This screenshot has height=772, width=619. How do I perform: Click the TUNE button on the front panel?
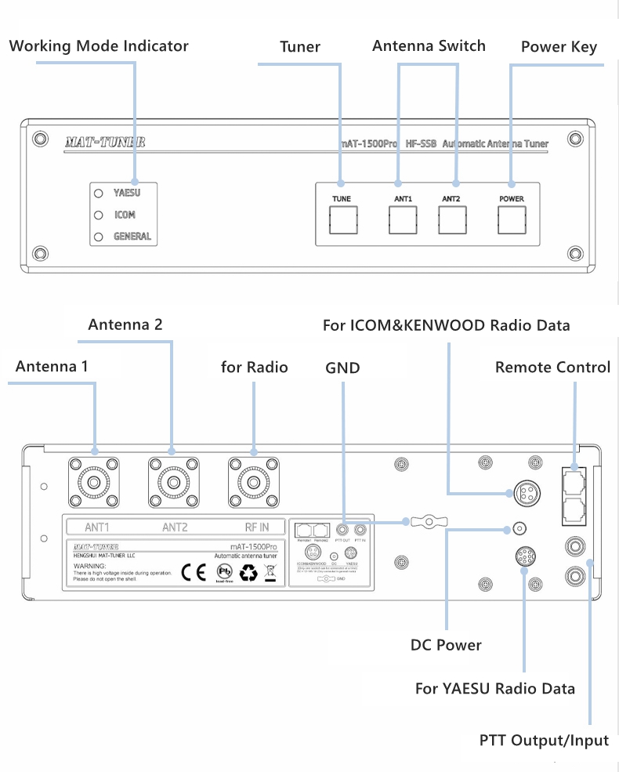[x=341, y=220]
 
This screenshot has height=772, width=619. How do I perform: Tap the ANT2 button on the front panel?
[x=451, y=220]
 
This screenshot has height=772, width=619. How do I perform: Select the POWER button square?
[x=512, y=220]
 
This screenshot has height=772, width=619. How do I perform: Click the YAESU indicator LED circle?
[x=99, y=193]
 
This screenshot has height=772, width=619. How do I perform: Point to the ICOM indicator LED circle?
[x=99, y=215]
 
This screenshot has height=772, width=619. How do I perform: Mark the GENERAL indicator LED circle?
[x=99, y=236]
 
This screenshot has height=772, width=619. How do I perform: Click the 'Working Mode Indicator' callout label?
[x=99, y=45]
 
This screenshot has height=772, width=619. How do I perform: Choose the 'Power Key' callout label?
[x=559, y=47]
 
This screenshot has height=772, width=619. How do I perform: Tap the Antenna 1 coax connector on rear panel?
[x=94, y=482]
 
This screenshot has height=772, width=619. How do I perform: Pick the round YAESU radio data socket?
[x=523, y=556]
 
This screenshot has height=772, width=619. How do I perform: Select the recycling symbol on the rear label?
[x=248, y=573]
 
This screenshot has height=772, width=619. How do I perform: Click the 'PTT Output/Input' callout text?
[x=544, y=740]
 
